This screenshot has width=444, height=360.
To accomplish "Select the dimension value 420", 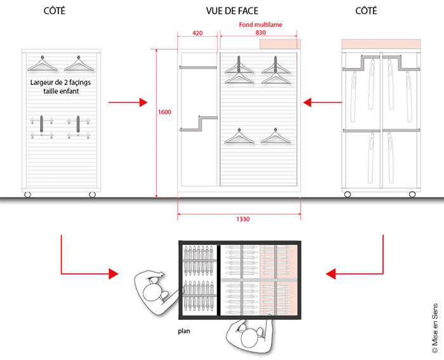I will pyautogui.click(x=197, y=33).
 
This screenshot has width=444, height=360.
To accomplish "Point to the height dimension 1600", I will pyautogui.click(x=164, y=112).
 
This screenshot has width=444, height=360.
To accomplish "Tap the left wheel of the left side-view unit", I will pyautogui.click(x=27, y=194).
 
